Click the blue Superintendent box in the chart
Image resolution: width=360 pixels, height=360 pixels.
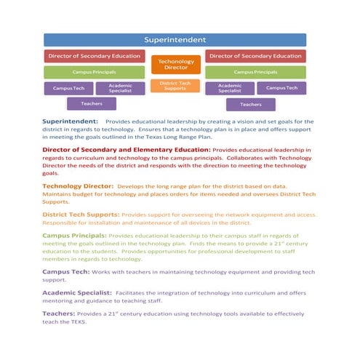[175, 39]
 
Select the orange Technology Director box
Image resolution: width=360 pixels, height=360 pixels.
[175, 65]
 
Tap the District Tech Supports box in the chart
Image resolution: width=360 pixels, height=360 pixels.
[175, 86]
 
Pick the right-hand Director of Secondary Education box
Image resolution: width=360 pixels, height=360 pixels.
[255, 56]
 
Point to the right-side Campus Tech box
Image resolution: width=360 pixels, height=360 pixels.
[281, 88]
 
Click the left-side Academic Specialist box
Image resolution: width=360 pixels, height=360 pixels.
[119, 88]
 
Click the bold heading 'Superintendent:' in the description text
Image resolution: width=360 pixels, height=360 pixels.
[71, 122]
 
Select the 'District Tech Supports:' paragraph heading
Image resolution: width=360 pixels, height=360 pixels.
[81, 215]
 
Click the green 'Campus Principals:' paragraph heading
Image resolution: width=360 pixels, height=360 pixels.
[74, 236]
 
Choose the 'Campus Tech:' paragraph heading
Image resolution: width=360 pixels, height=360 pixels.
[66, 271]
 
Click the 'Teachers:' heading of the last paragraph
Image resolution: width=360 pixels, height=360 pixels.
[60, 313]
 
